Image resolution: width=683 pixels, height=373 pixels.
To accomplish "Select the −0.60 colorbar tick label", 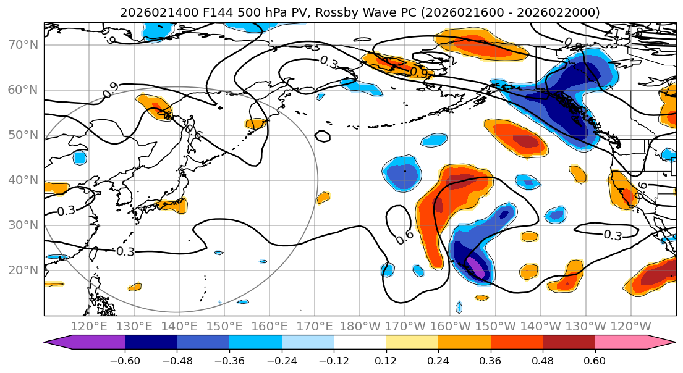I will [x=125, y=360].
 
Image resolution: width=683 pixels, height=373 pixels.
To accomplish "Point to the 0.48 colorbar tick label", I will [x=543, y=360].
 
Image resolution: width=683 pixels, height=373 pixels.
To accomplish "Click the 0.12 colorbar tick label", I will [x=386, y=360].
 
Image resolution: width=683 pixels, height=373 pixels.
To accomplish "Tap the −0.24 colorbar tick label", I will [x=281, y=360].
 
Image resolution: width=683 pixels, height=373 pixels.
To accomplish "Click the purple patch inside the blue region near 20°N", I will [x=477, y=267].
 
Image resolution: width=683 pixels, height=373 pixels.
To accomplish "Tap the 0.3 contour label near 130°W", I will [x=612, y=235].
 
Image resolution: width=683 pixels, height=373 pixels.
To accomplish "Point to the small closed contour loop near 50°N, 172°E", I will [x=322, y=136].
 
